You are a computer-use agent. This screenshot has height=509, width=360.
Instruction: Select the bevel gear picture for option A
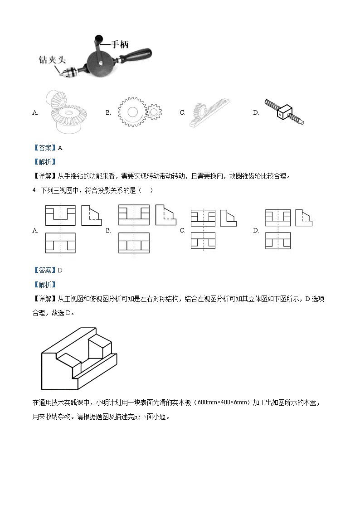tap(64, 112)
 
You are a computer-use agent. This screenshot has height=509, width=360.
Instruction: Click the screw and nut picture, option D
tap(284, 111)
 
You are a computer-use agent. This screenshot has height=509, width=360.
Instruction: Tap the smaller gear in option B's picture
tap(153, 111)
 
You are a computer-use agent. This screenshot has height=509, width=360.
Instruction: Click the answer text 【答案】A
tap(48, 147)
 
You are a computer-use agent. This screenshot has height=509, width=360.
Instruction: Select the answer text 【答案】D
tap(48, 270)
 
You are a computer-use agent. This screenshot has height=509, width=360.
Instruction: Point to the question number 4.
tap(34, 190)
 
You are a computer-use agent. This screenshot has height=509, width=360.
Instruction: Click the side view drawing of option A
tap(91, 215)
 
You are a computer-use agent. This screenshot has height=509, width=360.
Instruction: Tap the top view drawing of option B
tap(134, 243)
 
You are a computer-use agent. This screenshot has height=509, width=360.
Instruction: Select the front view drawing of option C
tap(203, 218)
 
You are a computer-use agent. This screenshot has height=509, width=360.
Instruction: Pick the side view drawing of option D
tap(304, 218)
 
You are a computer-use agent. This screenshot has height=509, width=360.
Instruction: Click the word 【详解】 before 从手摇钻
tap(44, 176)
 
